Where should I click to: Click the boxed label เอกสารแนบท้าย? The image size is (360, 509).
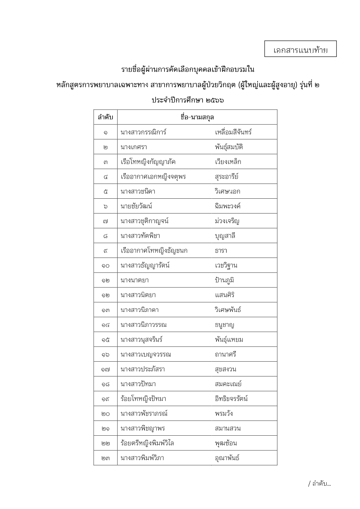[x=300, y=50]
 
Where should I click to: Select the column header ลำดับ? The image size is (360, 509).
[x=105, y=117]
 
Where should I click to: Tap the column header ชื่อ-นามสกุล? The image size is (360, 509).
[x=197, y=117]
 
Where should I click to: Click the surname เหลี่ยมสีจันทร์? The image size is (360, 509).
[x=233, y=132]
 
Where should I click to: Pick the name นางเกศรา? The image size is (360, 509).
[x=134, y=147]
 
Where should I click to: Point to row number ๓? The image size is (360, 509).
[x=105, y=162]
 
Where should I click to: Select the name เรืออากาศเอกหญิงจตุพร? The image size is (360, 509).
[x=153, y=177]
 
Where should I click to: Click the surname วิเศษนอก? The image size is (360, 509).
[x=227, y=191]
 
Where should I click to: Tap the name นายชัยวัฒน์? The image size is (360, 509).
[x=136, y=206]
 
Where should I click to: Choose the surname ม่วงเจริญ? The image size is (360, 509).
[x=227, y=221]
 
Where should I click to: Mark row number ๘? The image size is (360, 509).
[x=105, y=236]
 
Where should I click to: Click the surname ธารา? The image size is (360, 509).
[x=221, y=251]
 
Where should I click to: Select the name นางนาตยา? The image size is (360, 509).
[x=135, y=280]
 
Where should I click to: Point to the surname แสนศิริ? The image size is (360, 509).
[x=225, y=295]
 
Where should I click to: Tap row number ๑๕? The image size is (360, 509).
[x=105, y=340]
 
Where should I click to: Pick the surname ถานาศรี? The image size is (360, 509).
[x=225, y=354]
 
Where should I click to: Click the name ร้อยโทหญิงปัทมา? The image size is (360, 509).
[x=143, y=399]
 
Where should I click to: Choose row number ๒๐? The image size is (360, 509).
[x=105, y=414]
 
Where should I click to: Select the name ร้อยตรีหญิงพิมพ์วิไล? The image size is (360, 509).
[x=147, y=443]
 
